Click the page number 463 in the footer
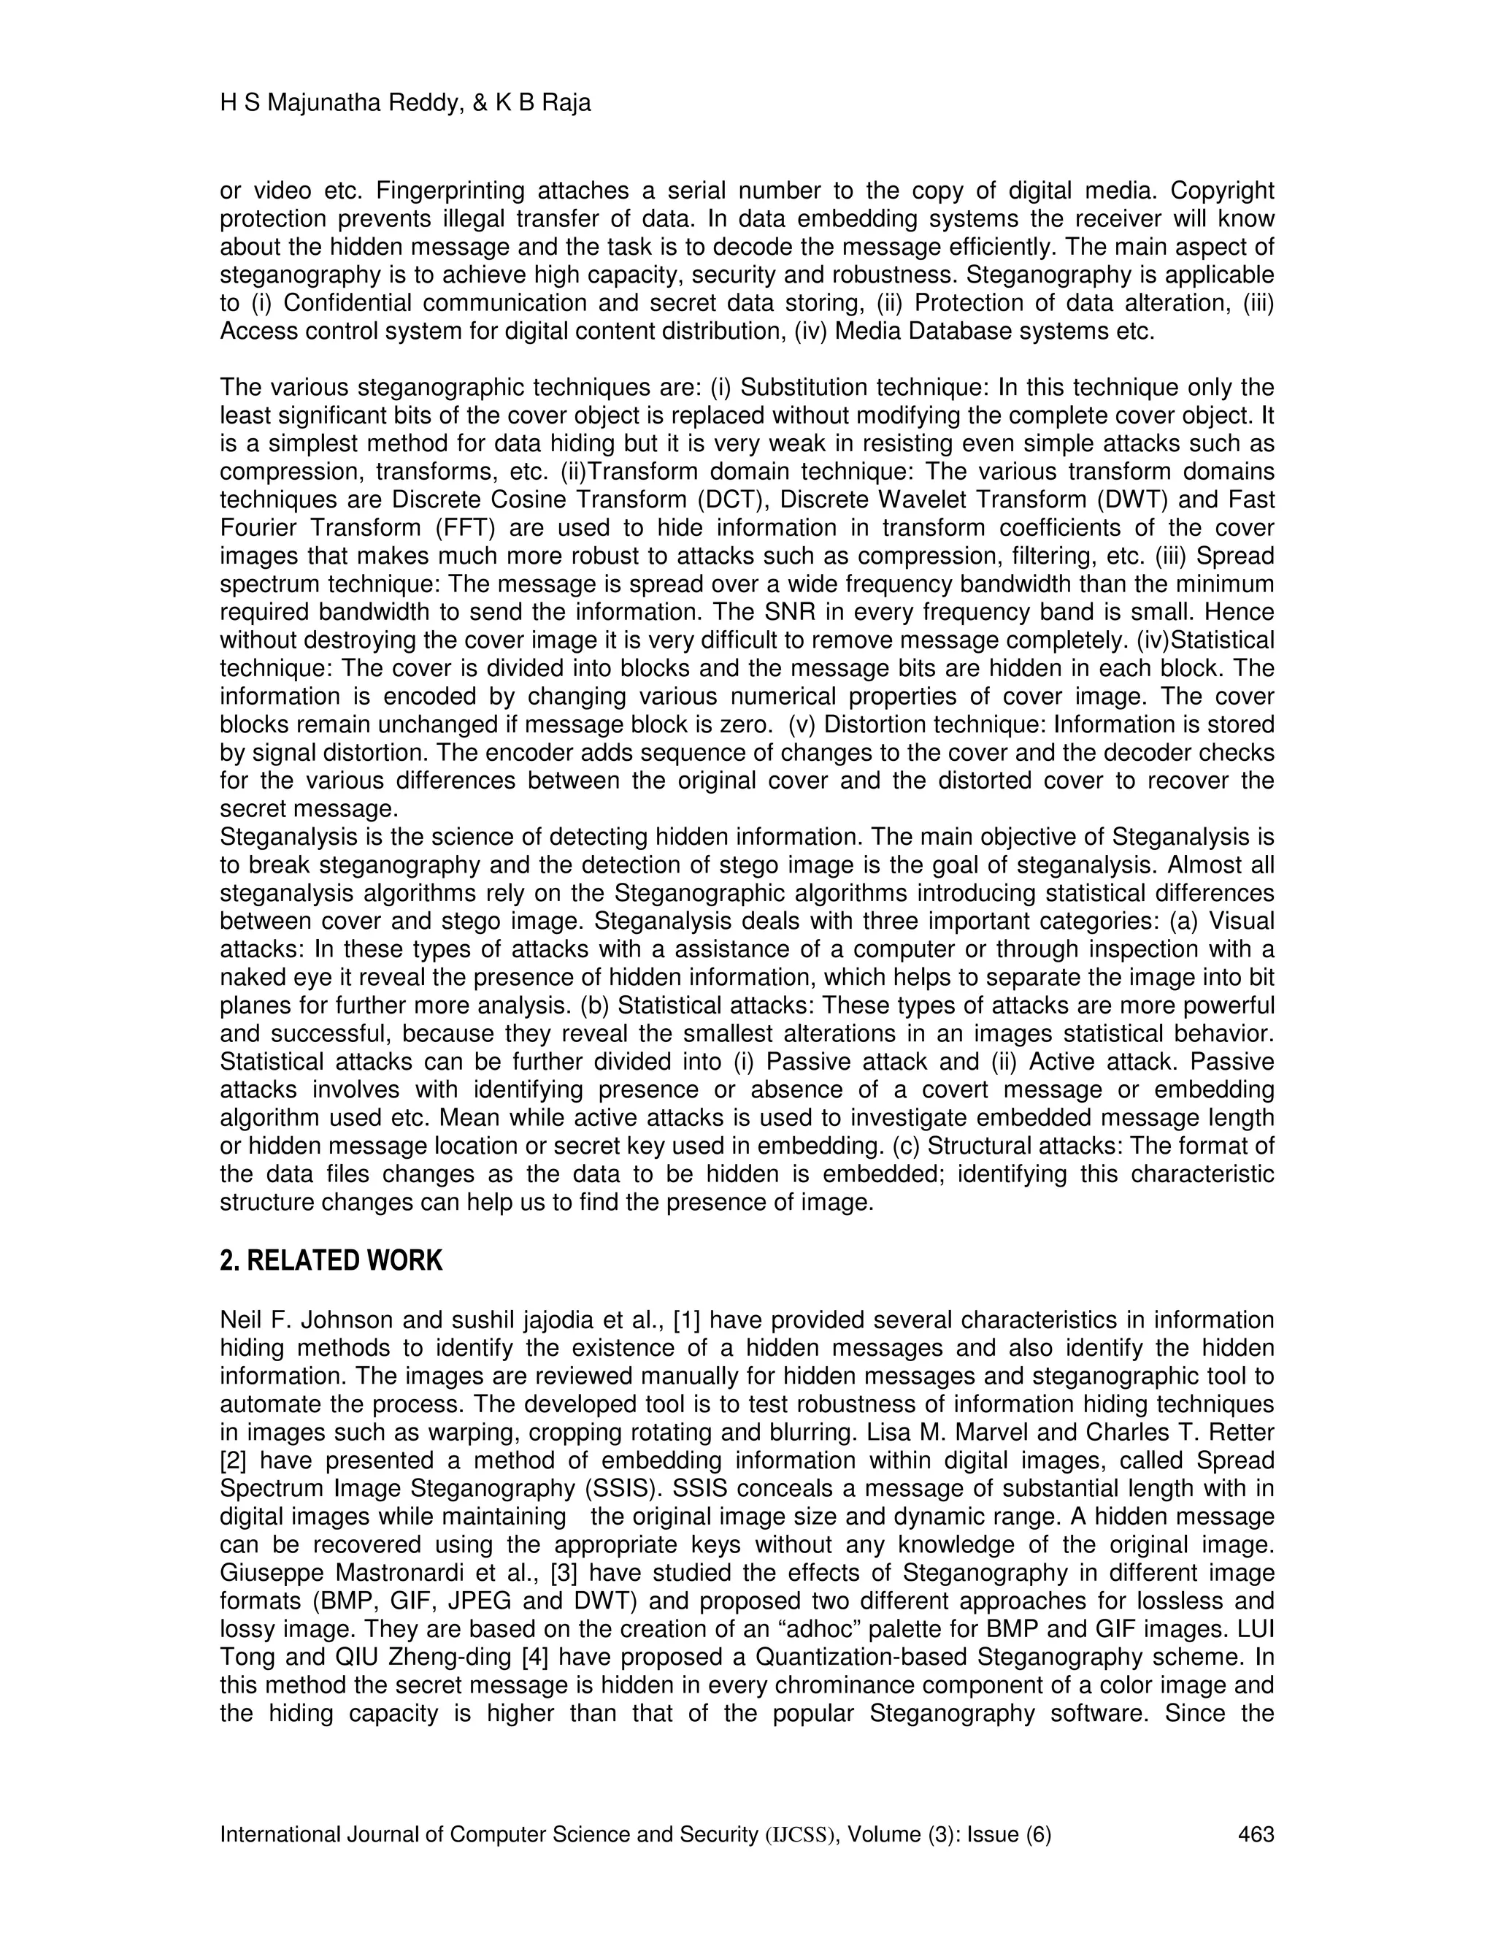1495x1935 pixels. click(1255, 1835)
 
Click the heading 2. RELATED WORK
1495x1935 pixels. click(331, 1261)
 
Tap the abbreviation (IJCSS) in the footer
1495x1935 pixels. click(801, 1835)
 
